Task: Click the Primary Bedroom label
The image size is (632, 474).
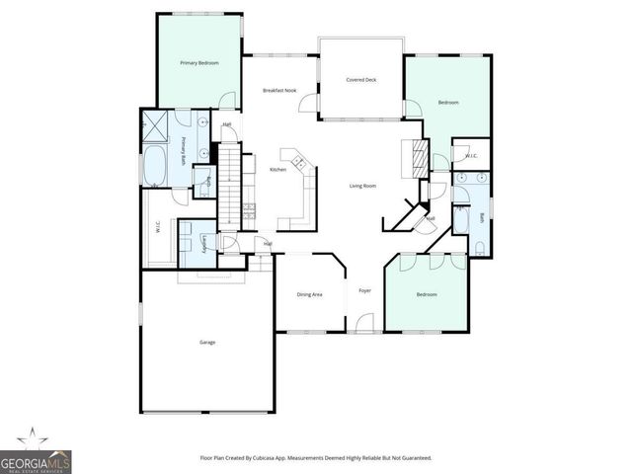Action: click(198, 63)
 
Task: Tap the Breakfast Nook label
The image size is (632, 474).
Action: click(279, 90)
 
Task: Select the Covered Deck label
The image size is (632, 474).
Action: click(360, 80)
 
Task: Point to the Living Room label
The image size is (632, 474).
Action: click(363, 186)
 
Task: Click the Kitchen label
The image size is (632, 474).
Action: click(278, 170)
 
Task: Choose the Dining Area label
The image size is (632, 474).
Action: click(310, 294)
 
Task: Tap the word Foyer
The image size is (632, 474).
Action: click(364, 290)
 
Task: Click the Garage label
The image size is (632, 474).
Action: click(207, 342)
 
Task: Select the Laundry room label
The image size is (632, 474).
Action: click(204, 245)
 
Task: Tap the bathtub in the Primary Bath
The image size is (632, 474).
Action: click(156, 169)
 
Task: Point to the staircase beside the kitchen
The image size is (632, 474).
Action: click(229, 183)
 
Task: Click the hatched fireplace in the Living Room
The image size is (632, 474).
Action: click(418, 155)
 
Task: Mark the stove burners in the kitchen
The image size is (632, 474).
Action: click(248, 209)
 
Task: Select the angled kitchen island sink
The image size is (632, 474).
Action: click(294, 159)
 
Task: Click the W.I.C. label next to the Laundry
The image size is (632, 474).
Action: click(158, 228)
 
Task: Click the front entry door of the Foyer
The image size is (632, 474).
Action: click(364, 323)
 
